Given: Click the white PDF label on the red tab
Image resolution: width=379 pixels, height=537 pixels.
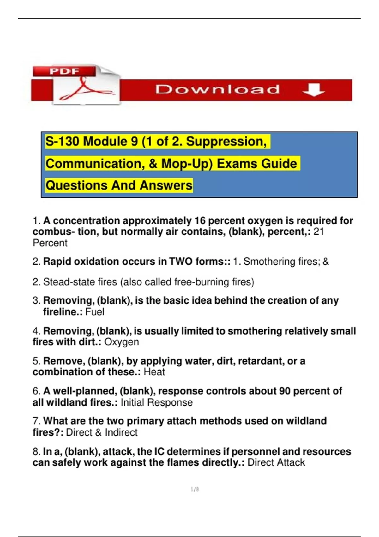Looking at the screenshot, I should click(64, 71).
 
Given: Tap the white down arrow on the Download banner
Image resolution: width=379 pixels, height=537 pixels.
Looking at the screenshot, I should click(313, 89).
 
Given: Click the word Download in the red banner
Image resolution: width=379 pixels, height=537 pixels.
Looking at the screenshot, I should click(217, 89).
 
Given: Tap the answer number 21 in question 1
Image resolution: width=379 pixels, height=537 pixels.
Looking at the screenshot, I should click(319, 232).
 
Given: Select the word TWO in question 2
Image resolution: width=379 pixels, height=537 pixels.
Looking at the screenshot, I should click(181, 262).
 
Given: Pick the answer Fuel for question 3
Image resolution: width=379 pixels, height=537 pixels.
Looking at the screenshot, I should click(95, 312).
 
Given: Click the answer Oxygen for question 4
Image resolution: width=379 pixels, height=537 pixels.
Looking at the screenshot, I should click(122, 342).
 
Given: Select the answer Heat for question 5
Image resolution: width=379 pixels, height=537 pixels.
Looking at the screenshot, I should click(154, 372).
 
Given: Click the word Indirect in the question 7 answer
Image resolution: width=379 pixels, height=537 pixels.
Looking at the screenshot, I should click(121, 432).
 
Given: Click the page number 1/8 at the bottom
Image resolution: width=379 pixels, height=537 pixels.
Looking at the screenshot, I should click(195, 489).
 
